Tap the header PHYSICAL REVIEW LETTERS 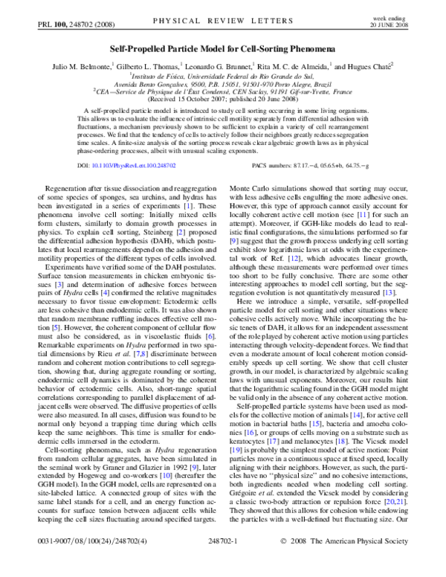pyautogui.click(x=223, y=24)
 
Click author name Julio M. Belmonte pyautogui.click(x=77, y=65)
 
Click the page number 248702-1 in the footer pyautogui.click(x=223, y=563)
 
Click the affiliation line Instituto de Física pyautogui.click(x=223, y=75)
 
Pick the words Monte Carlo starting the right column pyautogui.click(x=251, y=191)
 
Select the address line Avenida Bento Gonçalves pyautogui.click(x=223, y=83)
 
